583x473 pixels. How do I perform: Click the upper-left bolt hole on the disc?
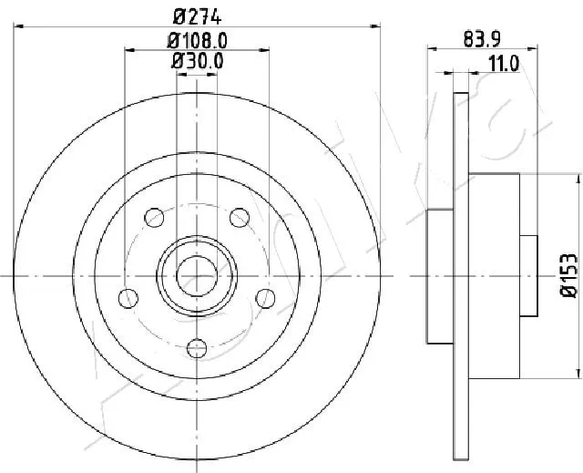pyautogui.click(x=155, y=216)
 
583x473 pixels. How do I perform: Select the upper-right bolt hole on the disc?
pyautogui.click(x=240, y=216)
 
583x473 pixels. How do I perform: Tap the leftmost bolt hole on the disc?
pyautogui.click(x=128, y=297)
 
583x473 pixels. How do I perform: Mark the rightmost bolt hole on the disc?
pyautogui.click(x=266, y=297)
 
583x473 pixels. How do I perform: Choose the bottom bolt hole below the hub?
pyautogui.click(x=197, y=347)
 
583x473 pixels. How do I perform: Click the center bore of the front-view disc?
pyautogui.click(x=197, y=273)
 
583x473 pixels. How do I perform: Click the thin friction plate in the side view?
pyautogui.click(x=460, y=273)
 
